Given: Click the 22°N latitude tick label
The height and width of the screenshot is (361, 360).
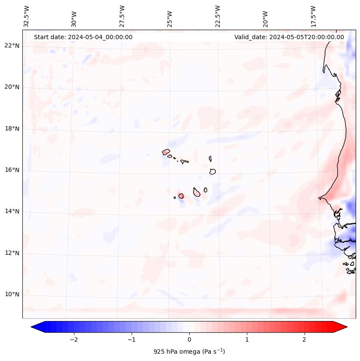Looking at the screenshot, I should pyautogui.click(x=11, y=46).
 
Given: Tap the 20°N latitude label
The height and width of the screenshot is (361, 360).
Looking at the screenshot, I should pyautogui.click(x=11, y=87).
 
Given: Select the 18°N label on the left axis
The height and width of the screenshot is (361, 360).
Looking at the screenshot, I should pyautogui.click(x=11, y=129).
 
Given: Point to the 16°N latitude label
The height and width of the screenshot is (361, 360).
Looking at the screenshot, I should pyautogui.click(x=11, y=170).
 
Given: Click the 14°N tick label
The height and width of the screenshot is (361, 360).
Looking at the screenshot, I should pyautogui.click(x=11, y=211).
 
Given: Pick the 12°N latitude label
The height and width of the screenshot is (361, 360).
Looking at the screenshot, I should pyautogui.click(x=11, y=253).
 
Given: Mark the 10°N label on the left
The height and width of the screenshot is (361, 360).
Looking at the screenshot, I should pyautogui.click(x=11, y=294).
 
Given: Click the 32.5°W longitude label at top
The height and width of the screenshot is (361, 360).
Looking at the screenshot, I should pyautogui.click(x=27, y=16).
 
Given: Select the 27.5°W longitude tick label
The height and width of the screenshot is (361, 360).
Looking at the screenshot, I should pyautogui.click(x=122, y=16).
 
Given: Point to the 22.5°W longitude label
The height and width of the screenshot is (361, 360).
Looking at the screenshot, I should pyautogui.click(x=218, y=16).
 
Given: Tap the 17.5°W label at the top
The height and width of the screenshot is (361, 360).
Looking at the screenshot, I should pyautogui.click(x=314, y=16).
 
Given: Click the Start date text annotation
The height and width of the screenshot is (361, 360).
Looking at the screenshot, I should pyautogui.click(x=83, y=37).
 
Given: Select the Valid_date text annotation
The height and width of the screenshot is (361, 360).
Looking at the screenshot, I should pyautogui.click(x=289, y=37).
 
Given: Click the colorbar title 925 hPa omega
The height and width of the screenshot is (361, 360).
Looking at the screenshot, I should pyautogui.click(x=189, y=352).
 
